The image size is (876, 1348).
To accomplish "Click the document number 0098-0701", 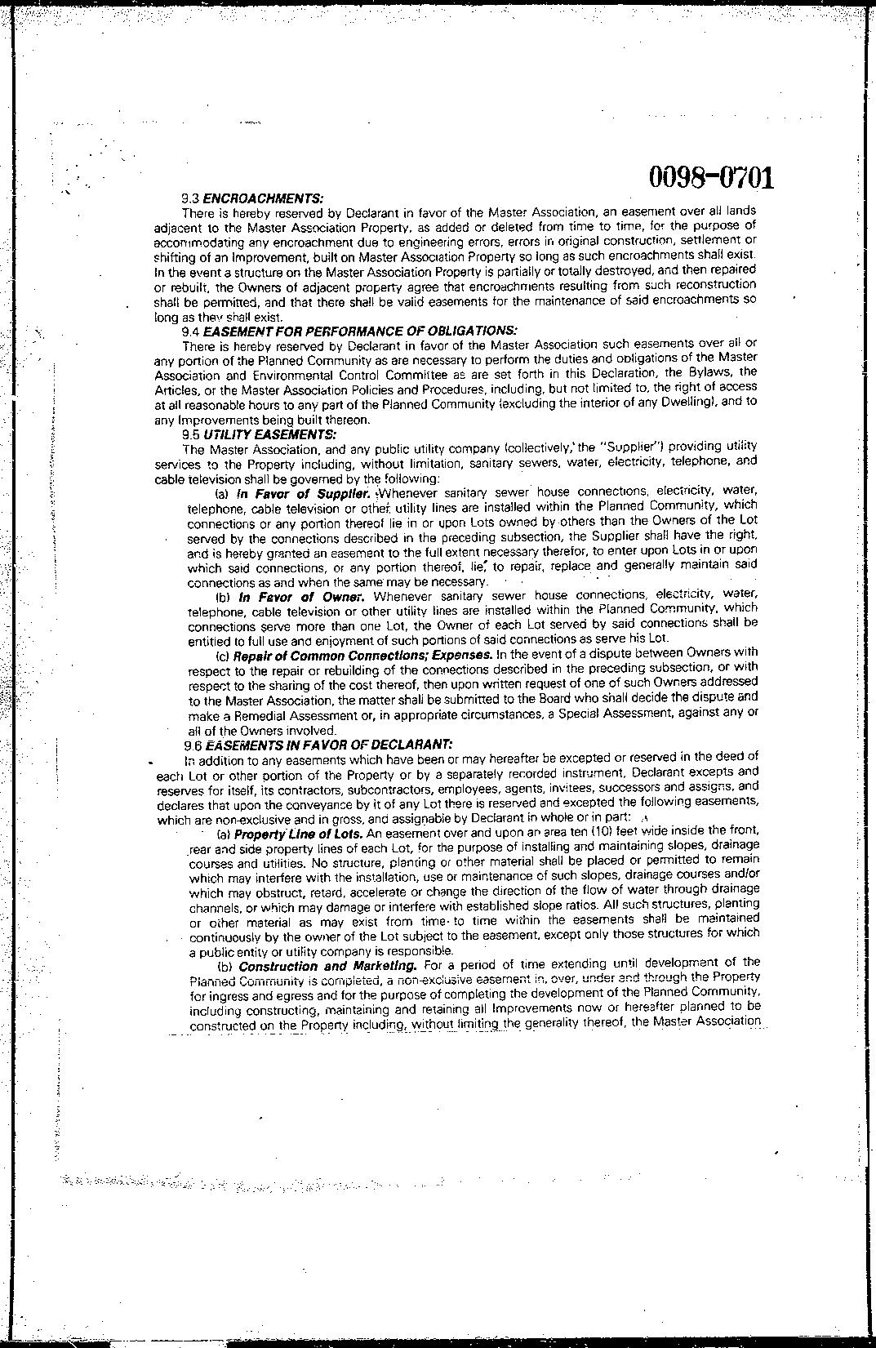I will (x=711, y=177).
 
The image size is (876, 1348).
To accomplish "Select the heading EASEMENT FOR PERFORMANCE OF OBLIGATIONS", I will (x=359, y=331).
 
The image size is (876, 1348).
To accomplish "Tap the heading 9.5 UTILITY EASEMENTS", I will (x=260, y=434).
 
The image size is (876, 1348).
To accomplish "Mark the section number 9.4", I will (x=191, y=331).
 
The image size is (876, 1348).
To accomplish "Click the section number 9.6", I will (x=193, y=745).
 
